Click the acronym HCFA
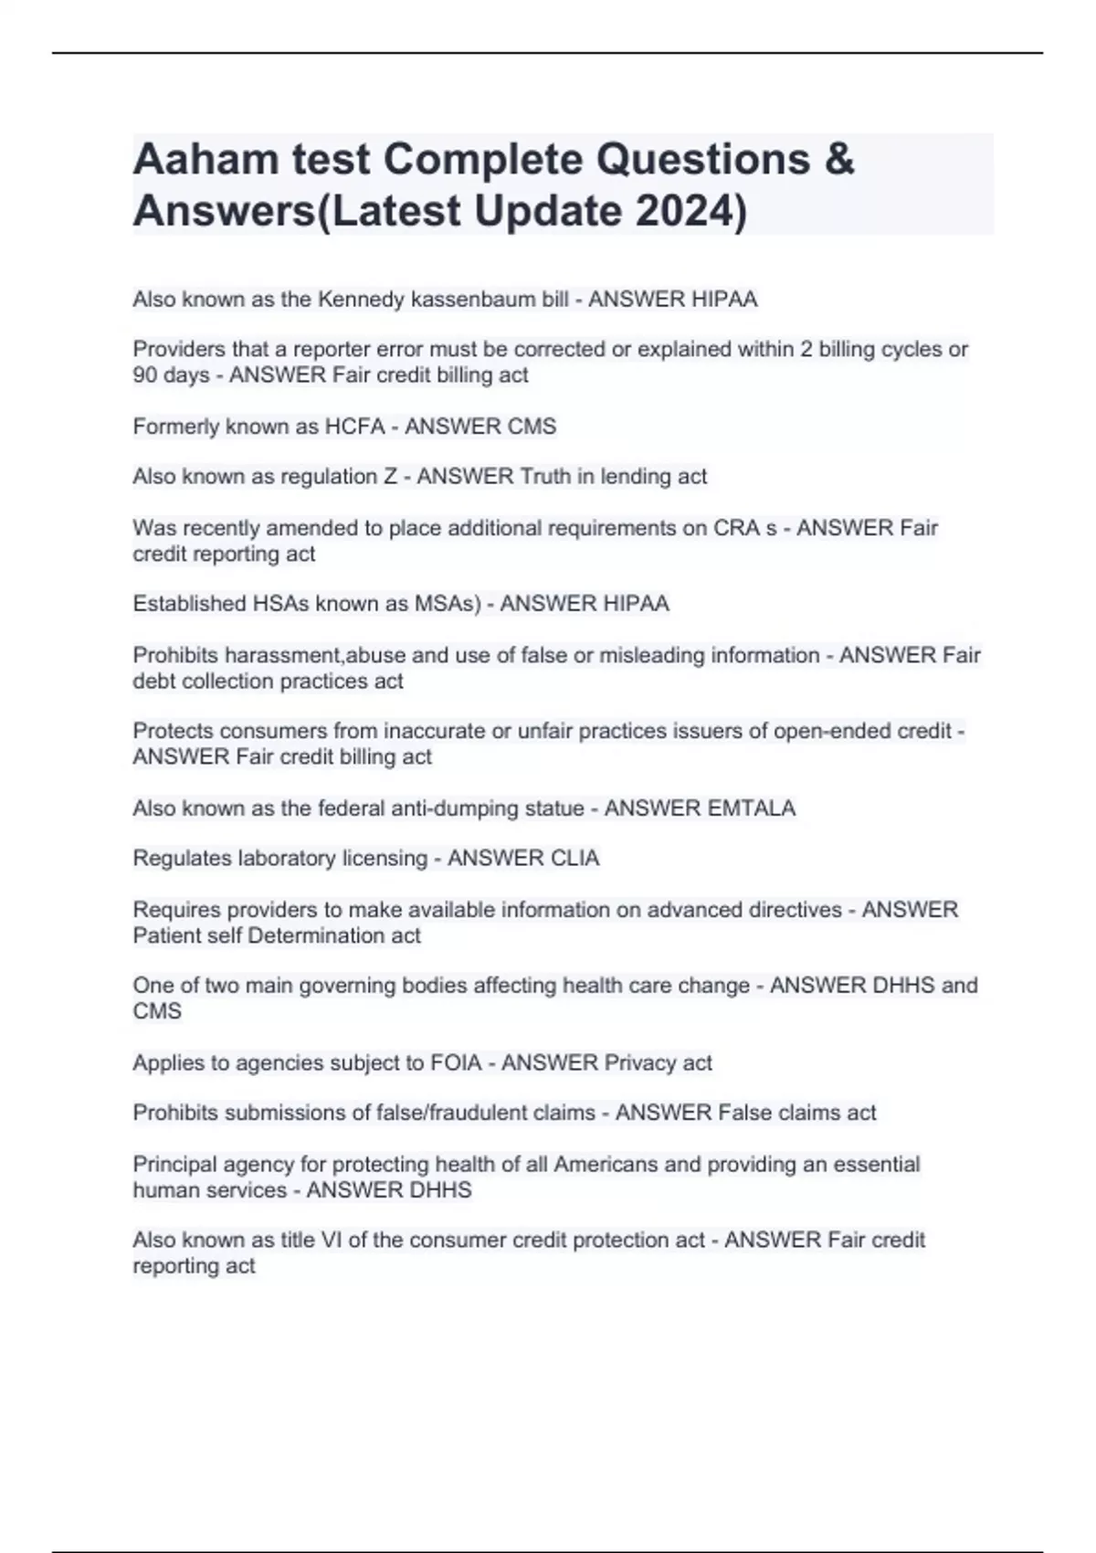(355, 426)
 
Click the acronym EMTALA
(746, 808)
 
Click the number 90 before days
(144, 375)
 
